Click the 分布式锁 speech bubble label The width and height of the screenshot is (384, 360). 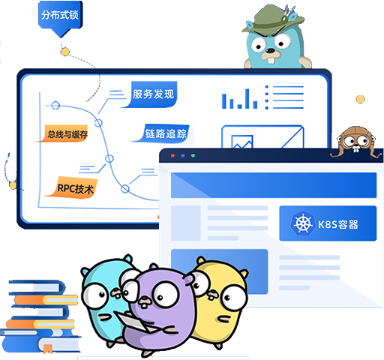tap(60, 15)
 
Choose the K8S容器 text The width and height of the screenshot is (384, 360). tap(338, 224)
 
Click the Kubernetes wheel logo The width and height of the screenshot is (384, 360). tap(302, 223)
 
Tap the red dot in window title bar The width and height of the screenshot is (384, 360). tap(172, 155)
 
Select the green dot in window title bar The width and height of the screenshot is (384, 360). tap(193, 155)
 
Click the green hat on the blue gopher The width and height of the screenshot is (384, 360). tap(272, 19)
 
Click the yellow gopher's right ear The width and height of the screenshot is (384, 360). tap(243, 274)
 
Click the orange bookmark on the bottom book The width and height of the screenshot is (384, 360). tap(47, 349)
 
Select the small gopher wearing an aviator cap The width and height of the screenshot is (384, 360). tap(356, 141)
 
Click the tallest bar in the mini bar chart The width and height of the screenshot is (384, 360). tap(247, 99)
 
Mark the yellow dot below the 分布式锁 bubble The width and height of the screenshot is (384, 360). tap(65, 52)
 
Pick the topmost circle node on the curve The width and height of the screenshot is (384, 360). tap(55, 106)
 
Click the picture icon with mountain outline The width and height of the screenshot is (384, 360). tap(242, 142)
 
